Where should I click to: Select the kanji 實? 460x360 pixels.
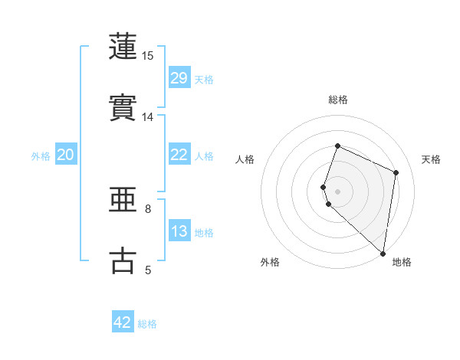tap(124, 107)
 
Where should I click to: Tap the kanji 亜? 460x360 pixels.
tap(124, 200)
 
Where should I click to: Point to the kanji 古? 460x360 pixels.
tap(124, 260)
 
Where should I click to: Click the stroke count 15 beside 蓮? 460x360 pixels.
tap(148, 56)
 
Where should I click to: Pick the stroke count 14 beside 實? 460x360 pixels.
tap(148, 117)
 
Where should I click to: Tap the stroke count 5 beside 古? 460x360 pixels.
tap(148, 270)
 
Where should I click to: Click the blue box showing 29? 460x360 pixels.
tap(179, 78)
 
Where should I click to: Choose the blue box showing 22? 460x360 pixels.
tap(179, 155)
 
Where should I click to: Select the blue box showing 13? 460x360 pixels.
tap(179, 231)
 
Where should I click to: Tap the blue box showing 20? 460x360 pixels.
tap(66, 155)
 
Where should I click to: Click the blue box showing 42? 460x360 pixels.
tap(123, 322)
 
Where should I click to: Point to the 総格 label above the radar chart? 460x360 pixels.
tap(338, 100)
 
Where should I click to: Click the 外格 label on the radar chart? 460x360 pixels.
tap(270, 262)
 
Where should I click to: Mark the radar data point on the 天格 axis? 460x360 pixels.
tap(396, 172)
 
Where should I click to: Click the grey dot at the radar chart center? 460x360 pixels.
tap(337, 191)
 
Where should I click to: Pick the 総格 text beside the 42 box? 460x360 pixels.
tap(147, 324)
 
